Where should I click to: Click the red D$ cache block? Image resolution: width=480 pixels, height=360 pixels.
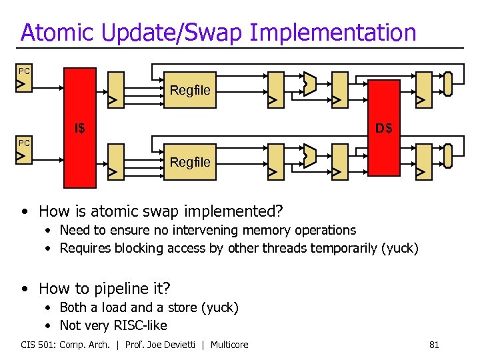click(x=383, y=127)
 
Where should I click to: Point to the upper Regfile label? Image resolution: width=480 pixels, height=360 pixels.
click(x=190, y=89)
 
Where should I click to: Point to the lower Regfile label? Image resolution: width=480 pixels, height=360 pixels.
click(x=190, y=161)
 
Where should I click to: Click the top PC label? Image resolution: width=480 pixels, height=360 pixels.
click(x=24, y=71)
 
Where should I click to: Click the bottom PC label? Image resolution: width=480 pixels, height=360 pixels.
click(x=24, y=143)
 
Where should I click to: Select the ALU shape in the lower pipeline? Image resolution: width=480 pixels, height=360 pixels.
click(x=308, y=156)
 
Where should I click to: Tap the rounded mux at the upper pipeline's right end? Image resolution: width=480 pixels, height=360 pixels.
click(x=448, y=83)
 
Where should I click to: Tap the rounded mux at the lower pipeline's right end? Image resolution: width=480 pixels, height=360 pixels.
click(x=448, y=155)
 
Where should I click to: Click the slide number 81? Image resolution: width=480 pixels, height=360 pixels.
click(x=433, y=345)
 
